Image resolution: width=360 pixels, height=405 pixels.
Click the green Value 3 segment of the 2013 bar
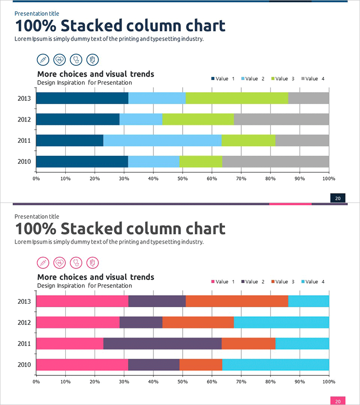pos(237,98)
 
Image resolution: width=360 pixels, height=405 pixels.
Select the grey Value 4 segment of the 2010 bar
pos(275,162)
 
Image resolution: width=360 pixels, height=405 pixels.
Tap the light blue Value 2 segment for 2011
pos(162,140)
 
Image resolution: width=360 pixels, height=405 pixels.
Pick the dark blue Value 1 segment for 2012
pos(78,119)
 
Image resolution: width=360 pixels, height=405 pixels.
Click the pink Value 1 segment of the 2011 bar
pos(70,343)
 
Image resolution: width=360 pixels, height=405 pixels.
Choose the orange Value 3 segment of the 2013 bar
pos(237,301)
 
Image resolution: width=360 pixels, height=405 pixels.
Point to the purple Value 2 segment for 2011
pos(162,343)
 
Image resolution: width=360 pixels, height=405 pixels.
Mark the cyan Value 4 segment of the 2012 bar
pos(281,322)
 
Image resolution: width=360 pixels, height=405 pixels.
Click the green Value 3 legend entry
pos(283,79)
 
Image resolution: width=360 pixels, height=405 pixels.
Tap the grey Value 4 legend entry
pos(312,79)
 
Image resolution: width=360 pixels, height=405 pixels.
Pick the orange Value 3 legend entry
pos(283,282)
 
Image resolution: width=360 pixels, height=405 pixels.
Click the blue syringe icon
pos(43,59)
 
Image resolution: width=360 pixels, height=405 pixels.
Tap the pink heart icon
pos(59,262)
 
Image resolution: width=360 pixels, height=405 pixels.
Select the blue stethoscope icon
pos(76,59)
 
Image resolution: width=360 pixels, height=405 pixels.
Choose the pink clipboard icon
pos(92,262)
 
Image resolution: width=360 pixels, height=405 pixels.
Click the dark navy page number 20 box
pos(337,198)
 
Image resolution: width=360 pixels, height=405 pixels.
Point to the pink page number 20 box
pos(337,401)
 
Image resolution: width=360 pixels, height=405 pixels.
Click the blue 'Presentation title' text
pos(36,13)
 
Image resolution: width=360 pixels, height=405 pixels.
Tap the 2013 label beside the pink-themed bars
pos(24,301)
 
